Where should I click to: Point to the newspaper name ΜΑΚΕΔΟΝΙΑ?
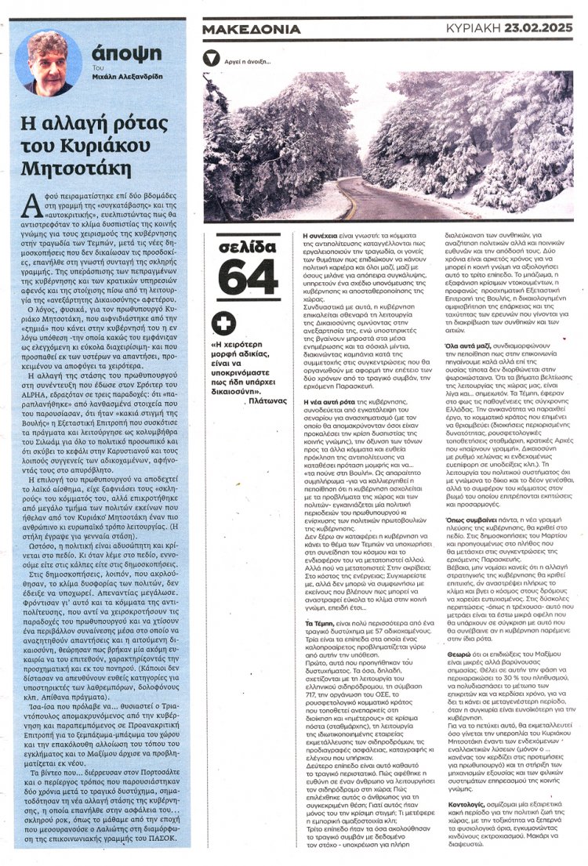coord(251,30)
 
